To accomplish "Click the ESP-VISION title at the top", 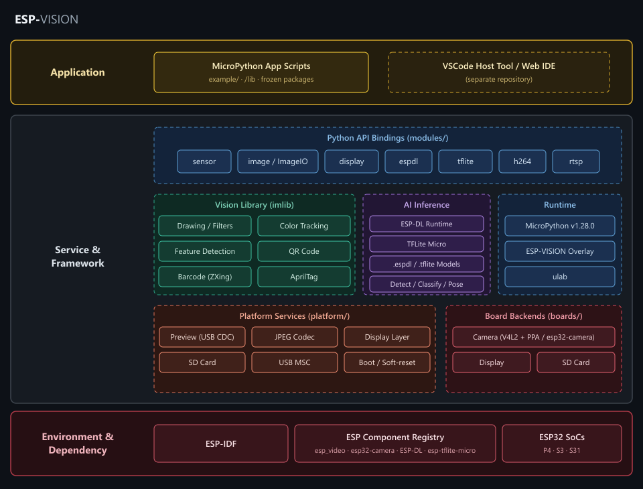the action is [46, 19].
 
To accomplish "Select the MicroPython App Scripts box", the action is [261, 72].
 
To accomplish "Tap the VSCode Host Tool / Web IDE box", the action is [498, 72].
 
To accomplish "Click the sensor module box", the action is [204, 161].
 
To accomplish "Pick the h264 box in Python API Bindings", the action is [522, 161].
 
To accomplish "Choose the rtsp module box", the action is [576, 161].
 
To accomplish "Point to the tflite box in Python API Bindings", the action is [466, 161].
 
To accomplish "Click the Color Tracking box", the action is [304, 226].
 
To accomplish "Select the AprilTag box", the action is [304, 277].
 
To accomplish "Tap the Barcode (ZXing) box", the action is [205, 277].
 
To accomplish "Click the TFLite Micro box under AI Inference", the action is [427, 244].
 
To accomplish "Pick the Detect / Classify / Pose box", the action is [427, 284].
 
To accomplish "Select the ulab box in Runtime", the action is [560, 277].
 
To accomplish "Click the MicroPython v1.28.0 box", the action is [560, 226].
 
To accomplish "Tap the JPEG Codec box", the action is [295, 337].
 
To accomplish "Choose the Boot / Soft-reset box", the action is [387, 362].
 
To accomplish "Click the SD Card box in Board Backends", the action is [576, 362].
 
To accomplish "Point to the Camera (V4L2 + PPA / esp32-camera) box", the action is [534, 337].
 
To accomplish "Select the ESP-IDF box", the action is [221, 443].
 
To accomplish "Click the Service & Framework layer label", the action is [78, 257].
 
